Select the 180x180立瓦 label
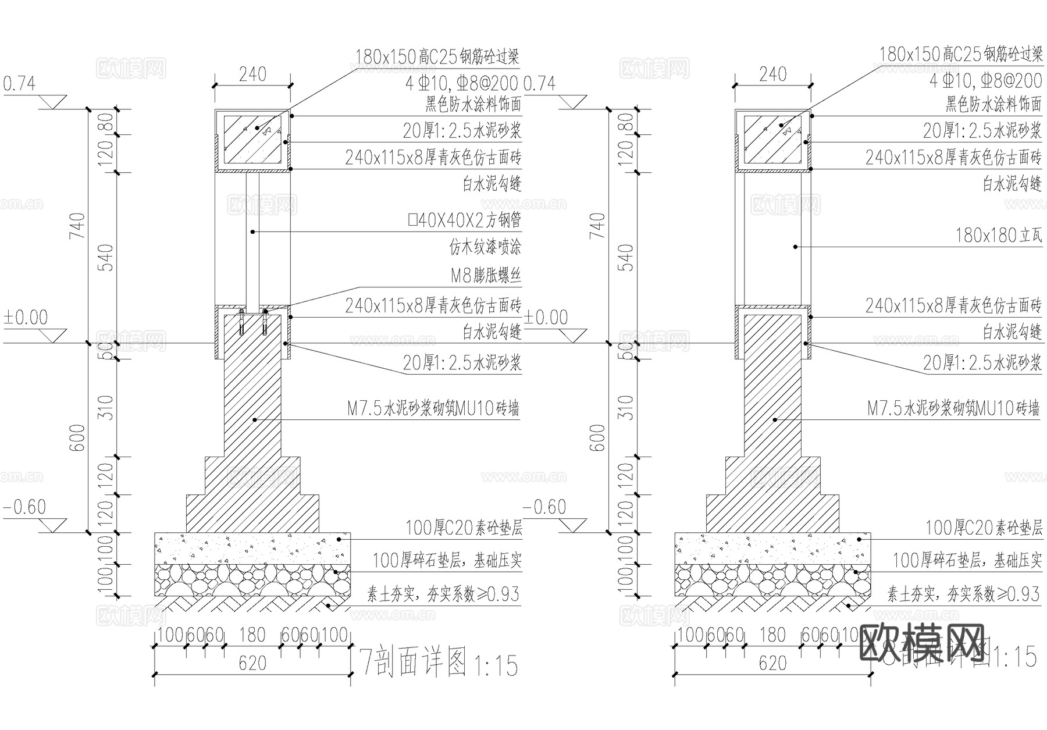coord(998,236)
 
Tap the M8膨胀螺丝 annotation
coord(485,276)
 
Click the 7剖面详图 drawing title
coord(414,663)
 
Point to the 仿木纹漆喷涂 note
coord(485,248)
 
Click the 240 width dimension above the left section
coord(252,74)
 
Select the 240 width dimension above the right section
coord(772,74)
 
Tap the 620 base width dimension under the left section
coord(252,663)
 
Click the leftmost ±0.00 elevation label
coord(26,318)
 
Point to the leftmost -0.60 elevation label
coord(24,507)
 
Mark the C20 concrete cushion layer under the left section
coord(252,547)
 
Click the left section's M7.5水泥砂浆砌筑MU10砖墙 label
coord(433,409)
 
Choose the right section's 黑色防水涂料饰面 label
coord(993,105)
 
